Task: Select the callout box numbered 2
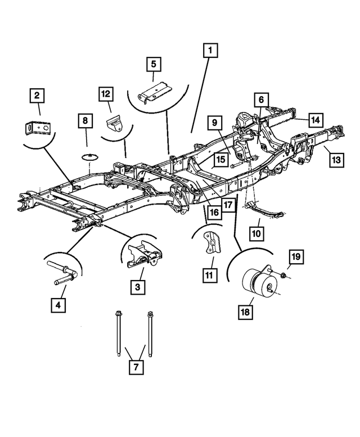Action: click(x=37, y=96)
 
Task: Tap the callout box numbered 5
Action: click(x=152, y=64)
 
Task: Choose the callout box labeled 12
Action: click(x=106, y=94)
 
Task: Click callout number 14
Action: click(x=316, y=120)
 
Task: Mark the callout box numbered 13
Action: click(x=336, y=160)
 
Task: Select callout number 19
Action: click(x=296, y=258)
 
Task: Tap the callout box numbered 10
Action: click(x=256, y=232)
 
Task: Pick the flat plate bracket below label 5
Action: click(x=155, y=92)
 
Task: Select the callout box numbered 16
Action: click(x=214, y=212)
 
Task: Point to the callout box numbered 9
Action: click(x=214, y=121)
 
